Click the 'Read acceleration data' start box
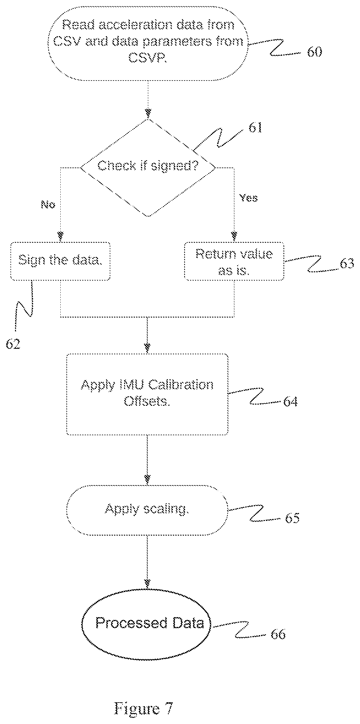[x=148, y=43]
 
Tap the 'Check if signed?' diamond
[x=148, y=168]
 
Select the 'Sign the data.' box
[x=60, y=261]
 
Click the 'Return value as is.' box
[x=234, y=261]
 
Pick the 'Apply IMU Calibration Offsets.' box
[x=147, y=394]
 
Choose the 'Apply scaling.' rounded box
[x=147, y=510]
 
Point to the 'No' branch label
[x=48, y=205]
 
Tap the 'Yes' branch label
[x=248, y=198]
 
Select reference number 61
[x=256, y=128]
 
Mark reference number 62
[x=13, y=344]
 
